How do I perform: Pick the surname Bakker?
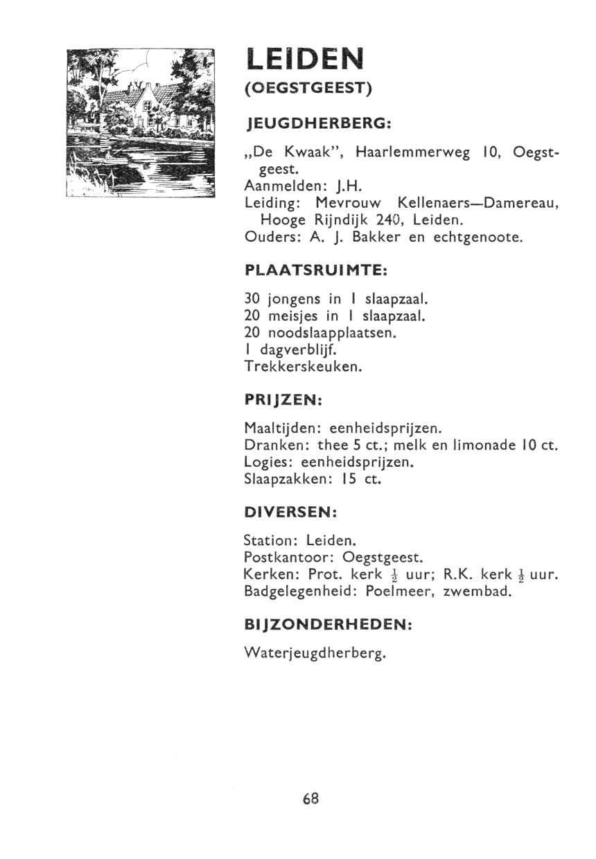click(x=374, y=237)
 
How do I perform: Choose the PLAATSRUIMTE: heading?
click(x=316, y=269)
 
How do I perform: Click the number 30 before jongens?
click(x=252, y=300)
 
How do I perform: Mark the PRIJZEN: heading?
click(x=284, y=400)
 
